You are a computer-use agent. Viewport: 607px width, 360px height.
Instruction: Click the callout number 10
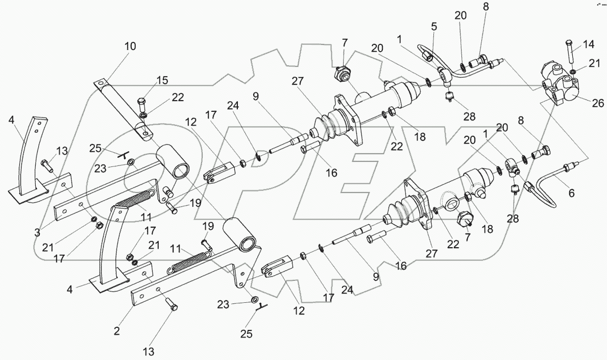[x=130, y=46]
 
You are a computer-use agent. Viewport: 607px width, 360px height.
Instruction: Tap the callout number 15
[x=162, y=81]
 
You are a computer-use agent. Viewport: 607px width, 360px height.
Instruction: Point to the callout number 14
[x=588, y=44]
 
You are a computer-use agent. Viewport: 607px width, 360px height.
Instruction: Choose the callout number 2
[x=117, y=331]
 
